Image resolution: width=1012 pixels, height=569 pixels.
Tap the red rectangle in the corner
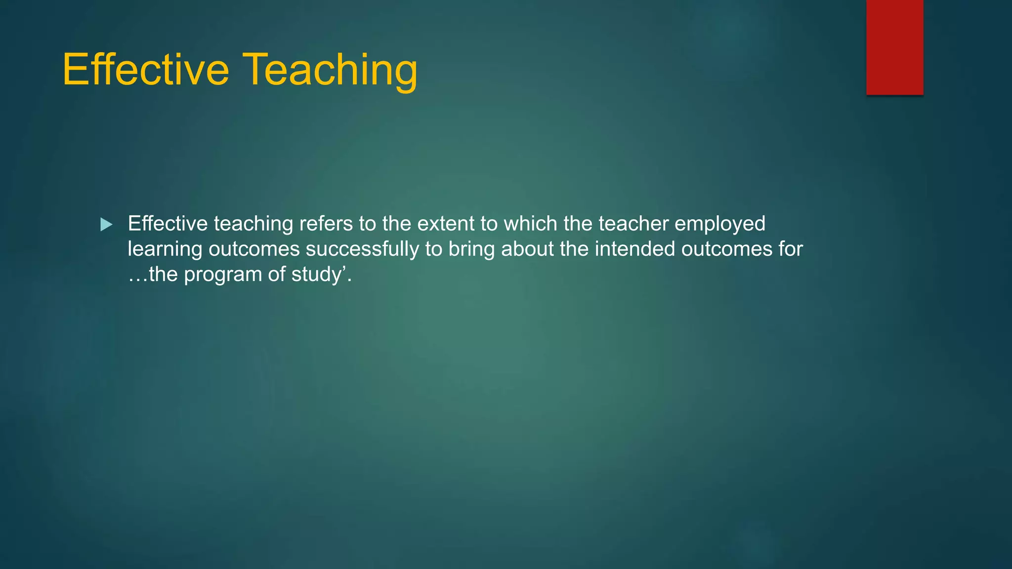[x=894, y=47]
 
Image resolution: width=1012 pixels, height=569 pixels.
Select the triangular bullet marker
[x=106, y=225]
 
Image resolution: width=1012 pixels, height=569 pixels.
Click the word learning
[x=165, y=249]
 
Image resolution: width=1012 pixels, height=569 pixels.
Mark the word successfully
[x=362, y=249]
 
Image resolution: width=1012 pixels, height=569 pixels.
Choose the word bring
[x=471, y=249]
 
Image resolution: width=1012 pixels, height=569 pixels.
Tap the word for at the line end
[x=791, y=248]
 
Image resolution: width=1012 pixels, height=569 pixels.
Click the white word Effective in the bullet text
[x=168, y=224]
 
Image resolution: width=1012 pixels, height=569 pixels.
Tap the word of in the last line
[x=277, y=274]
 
